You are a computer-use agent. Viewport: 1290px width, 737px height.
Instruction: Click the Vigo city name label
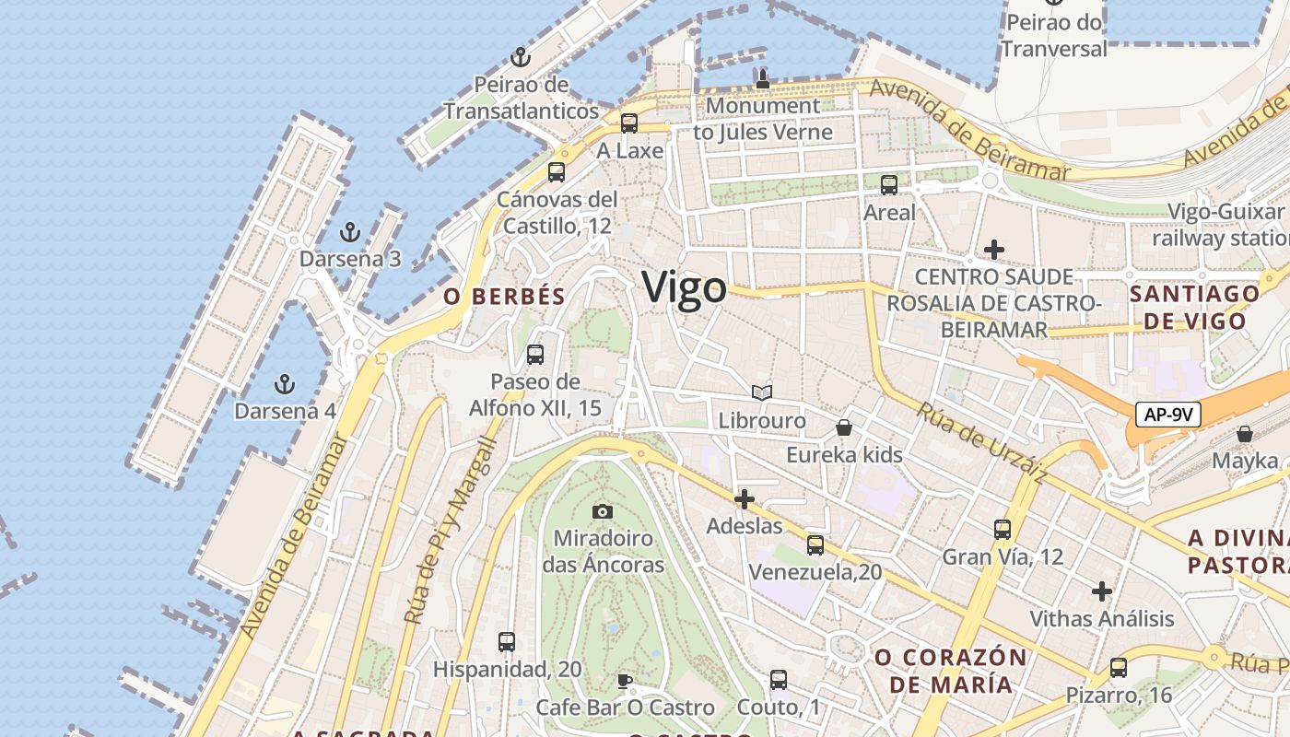pos(685,287)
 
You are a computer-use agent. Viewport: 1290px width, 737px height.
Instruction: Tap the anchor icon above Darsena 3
pos(349,231)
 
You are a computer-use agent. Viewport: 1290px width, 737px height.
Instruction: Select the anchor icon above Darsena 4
pos(285,383)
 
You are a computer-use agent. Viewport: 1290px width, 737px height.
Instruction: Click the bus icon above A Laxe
pos(629,123)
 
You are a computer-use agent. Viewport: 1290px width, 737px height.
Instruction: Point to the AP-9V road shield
pos(1167,415)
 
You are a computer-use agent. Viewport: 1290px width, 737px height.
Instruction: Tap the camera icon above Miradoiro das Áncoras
pos(603,511)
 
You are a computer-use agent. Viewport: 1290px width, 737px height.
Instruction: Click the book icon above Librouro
pos(761,393)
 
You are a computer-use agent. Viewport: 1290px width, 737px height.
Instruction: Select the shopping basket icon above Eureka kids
pos(844,427)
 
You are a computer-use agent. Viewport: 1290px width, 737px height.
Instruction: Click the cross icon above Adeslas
pos(744,499)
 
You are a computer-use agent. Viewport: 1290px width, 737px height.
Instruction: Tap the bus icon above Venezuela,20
pos(815,544)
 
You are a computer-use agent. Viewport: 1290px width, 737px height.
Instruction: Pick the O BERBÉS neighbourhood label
pos(503,297)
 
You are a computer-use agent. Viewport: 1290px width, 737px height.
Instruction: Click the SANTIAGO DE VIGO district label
pos(1194,308)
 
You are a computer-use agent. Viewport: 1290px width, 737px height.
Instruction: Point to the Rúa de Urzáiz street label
pos(981,443)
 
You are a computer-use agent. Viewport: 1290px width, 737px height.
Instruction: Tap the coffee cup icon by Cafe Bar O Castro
pos(625,681)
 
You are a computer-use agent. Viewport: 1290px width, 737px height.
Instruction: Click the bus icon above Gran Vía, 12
pos(1003,530)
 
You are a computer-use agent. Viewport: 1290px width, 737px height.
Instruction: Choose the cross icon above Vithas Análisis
pos(1101,591)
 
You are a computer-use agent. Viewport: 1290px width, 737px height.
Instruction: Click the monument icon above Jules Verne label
pos(762,79)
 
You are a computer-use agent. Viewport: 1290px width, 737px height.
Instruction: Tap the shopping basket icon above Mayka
pos(1245,433)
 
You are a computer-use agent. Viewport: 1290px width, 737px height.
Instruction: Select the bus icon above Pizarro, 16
pos(1119,668)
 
